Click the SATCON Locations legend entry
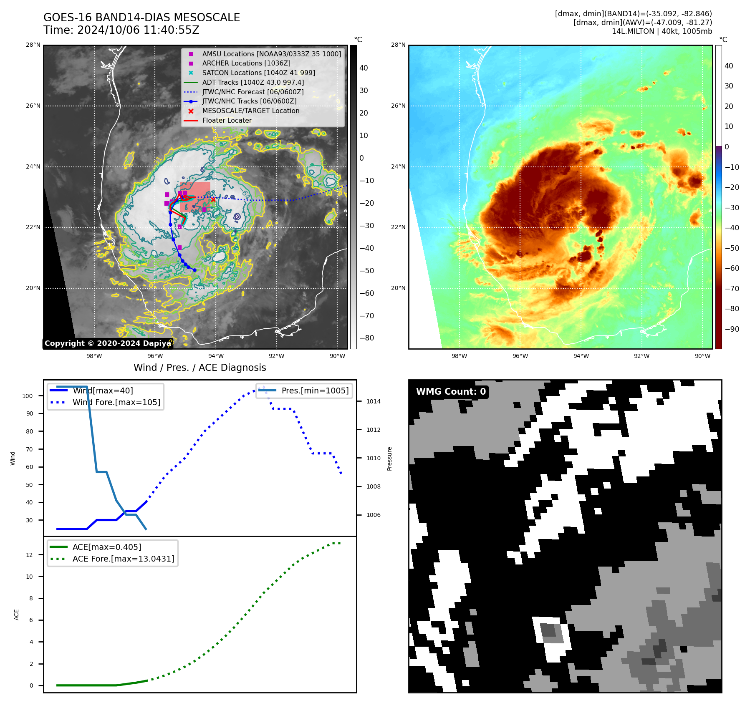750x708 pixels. [x=258, y=73]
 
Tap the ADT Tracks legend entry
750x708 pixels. [x=253, y=82]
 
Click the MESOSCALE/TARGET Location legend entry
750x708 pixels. [x=250, y=111]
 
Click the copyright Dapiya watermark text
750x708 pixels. [x=108, y=343]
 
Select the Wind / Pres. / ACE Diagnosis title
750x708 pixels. [x=199, y=368]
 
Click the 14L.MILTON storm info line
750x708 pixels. [x=662, y=31]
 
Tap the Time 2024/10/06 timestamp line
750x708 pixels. [x=121, y=30]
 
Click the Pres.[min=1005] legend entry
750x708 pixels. [x=315, y=391]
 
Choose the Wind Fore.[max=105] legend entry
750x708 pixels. [x=116, y=402]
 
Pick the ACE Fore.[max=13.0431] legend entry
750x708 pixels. [x=123, y=559]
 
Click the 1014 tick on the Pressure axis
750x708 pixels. [x=374, y=401]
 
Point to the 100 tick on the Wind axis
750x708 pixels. [x=28, y=396]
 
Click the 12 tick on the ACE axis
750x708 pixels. [x=29, y=555]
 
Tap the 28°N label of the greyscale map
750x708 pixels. [x=33, y=45]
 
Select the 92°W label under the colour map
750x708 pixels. [x=641, y=356]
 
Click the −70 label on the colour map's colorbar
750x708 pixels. [x=732, y=288]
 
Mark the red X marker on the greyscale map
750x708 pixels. [x=213, y=199]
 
